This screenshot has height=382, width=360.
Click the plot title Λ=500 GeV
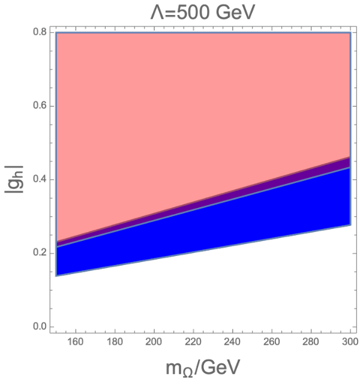coord(202,13)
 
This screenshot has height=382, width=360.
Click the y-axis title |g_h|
coord(14,179)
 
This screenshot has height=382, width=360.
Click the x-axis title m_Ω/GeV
coord(203,368)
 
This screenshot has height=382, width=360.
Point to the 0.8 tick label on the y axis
coord(40,32)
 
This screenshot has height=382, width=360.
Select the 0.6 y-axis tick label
coord(40,106)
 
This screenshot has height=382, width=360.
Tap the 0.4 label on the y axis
coord(40,179)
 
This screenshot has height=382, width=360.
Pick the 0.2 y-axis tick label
coord(40,253)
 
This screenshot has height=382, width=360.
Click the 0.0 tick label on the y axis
coord(40,327)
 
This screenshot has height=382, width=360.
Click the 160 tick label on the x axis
coord(76,342)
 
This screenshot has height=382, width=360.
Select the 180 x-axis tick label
coord(115,342)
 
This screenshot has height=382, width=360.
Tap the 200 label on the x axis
coord(154,342)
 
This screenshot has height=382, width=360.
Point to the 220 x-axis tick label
coord(193,342)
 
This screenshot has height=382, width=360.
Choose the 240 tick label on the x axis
coord(232,342)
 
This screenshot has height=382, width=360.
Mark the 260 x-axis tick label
coord(272,342)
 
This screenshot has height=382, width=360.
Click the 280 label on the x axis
coord(311,342)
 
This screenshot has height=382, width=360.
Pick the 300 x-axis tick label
coord(350,342)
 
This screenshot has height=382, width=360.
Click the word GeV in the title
coord(235,13)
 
